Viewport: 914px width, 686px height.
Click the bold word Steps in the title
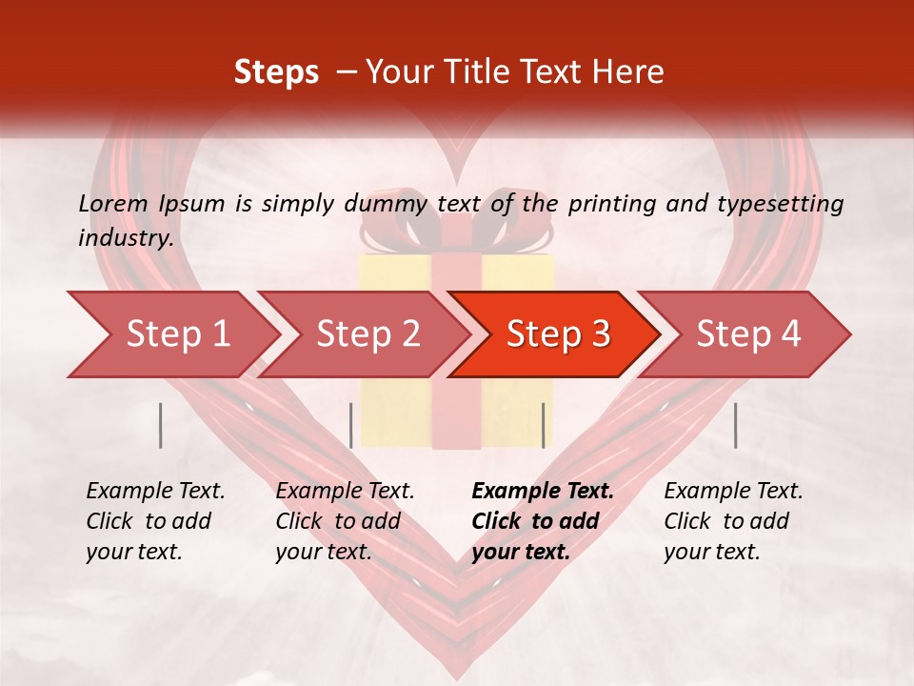point(276,72)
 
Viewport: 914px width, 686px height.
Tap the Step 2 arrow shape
point(367,334)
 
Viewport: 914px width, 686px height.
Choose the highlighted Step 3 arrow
point(557,334)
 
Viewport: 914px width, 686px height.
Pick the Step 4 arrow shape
point(747,334)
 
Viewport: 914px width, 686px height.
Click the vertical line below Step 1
point(161,425)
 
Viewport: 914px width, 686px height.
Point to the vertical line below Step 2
point(351,425)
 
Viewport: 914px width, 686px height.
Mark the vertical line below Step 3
point(543,425)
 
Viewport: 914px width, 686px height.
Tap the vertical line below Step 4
point(735,425)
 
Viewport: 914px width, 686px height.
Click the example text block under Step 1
point(155,521)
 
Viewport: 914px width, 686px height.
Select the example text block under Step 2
point(345,521)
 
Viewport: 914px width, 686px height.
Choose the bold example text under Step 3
point(543,521)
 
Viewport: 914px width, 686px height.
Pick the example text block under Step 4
point(733,521)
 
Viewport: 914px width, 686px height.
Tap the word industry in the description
point(126,238)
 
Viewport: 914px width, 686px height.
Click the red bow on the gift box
point(456,229)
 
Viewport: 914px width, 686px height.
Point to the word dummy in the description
point(383,203)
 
